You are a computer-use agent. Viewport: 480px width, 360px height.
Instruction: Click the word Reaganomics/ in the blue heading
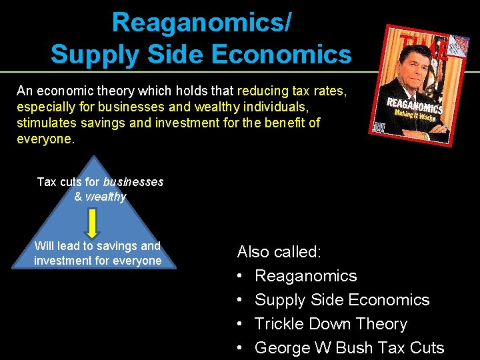point(201,23)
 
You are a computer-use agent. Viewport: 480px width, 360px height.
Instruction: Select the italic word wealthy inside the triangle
point(105,197)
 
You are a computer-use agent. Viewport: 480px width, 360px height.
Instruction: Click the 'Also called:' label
point(279,252)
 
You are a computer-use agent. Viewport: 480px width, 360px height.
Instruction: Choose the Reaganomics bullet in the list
point(305,276)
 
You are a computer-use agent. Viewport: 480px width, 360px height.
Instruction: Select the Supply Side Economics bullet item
point(341,300)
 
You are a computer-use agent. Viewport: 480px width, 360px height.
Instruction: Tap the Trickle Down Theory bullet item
point(331,324)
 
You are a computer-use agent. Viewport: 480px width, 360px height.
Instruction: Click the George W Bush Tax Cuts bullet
point(349,348)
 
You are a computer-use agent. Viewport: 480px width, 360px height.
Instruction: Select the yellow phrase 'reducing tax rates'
point(291,91)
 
